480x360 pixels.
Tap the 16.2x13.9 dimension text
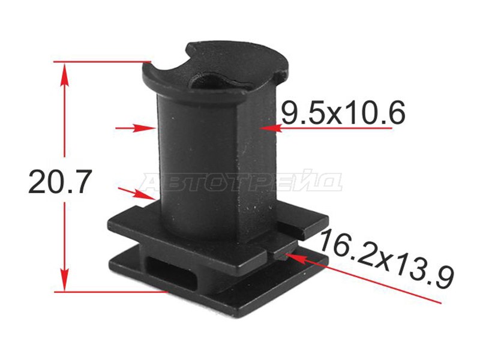point(386,260)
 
